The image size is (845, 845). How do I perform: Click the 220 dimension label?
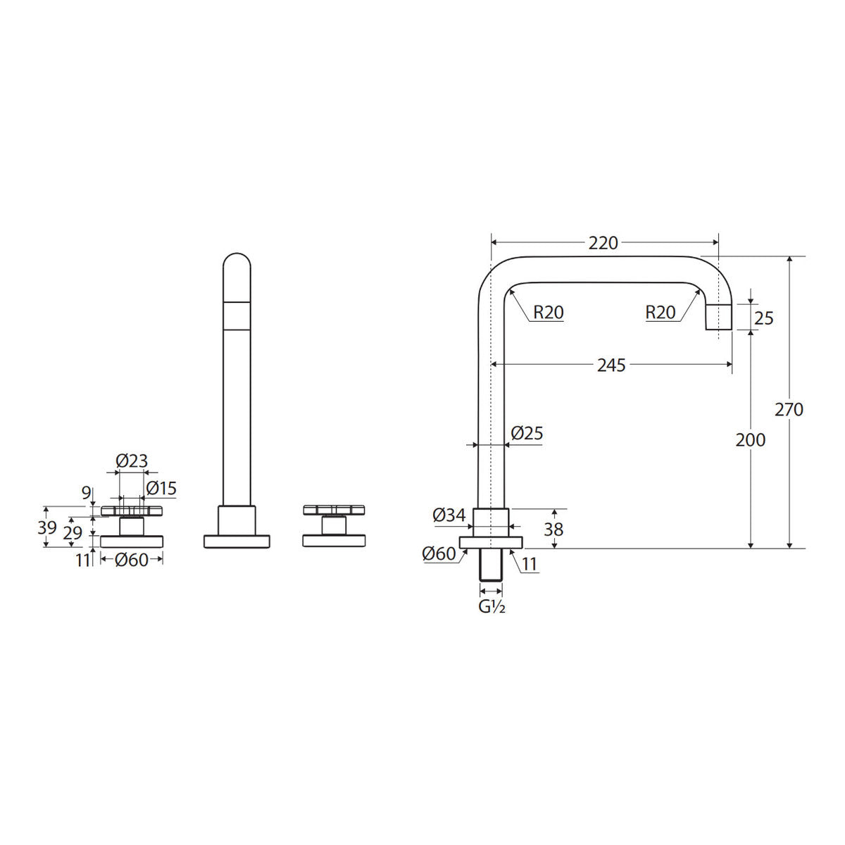(x=603, y=243)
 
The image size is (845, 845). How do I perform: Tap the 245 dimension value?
(x=611, y=365)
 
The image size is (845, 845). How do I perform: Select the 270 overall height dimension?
(x=789, y=410)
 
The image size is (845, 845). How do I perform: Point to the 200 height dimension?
(x=751, y=440)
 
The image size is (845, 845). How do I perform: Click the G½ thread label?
(x=492, y=607)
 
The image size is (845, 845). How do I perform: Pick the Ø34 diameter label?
(x=449, y=515)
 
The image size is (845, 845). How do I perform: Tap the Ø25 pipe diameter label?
(x=527, y=433)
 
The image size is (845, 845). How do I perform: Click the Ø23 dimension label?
(x=132, y=461)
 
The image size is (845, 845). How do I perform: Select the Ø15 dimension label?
(x=161, y=488)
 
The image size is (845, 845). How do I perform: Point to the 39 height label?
(x=47, y=527)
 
